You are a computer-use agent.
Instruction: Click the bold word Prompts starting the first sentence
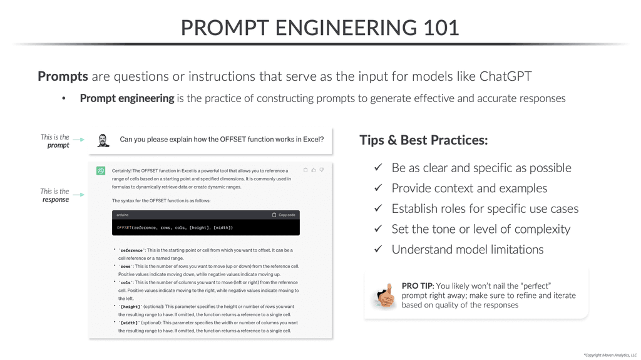click(x=63, y=76)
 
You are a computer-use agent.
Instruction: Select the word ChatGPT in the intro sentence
click(x=506, y=76)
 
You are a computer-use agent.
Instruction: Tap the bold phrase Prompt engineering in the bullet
click(x=127, y=98)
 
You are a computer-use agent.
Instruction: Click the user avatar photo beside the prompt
click(x=103, y=140)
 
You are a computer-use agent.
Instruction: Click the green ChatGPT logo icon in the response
click(x=100, y=170)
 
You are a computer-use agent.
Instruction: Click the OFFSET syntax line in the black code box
click(x=175, y=227)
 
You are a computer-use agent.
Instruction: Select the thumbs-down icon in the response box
click(x=322, y=170)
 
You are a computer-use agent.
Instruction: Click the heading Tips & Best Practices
click(x=423, y=140)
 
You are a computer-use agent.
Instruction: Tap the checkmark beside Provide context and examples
click(x=378, y=188)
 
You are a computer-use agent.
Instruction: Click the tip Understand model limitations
click(x=467, y=249)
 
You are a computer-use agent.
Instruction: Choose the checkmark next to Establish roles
click(x=378, y=208)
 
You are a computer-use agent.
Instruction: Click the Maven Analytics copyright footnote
click(x=610, y=354)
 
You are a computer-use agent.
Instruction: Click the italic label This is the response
click(x=55, y=195)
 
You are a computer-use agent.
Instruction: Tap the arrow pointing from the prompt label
click(x=78, y=141)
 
